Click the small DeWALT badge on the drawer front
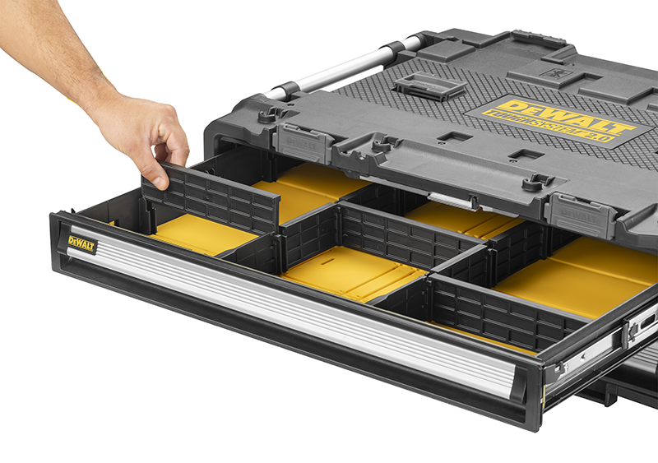pyautogui.click(x=82, y=244)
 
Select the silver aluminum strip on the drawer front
pyautogui.click(x=288, y=308)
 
